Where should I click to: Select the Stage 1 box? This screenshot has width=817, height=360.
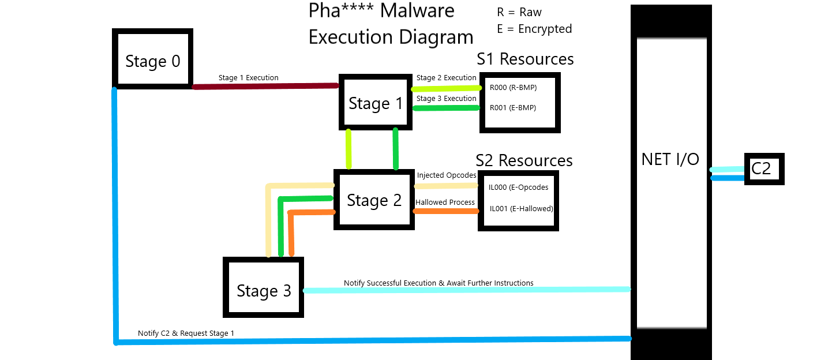(x=376, y=103)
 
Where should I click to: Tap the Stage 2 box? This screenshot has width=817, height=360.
(x=374, y=200)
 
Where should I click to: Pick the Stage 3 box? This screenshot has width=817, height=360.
(x=264, y=290)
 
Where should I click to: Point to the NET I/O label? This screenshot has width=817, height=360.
(x=670, y=159)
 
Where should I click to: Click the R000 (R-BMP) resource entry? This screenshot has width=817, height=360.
(x=513, y=88)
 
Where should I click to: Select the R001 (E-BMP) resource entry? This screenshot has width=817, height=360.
(x=513, y=107)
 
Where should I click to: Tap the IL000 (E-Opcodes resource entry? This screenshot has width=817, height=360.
(x=518, y=187)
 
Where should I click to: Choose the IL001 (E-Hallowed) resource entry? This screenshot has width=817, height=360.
(x=521, y=208)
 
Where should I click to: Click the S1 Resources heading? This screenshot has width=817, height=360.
(x=525, y=59)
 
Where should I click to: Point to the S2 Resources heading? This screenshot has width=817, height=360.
(x=524, y=160)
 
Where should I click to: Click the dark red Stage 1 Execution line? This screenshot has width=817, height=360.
(x=265, y=87)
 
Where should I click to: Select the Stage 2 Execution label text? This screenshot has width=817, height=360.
(x=446, y=78)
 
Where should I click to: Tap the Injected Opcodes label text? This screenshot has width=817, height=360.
(x=447, y=175)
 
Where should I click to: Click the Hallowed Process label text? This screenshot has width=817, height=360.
(x=445, y=202)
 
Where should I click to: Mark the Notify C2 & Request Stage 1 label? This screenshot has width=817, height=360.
(x=186, y=333)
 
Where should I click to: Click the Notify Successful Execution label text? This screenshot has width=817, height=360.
(x=439, y=283)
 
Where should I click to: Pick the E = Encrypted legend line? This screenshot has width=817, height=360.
(x=534, y=29)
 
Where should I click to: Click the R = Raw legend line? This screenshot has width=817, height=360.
(x=519, y=12)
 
